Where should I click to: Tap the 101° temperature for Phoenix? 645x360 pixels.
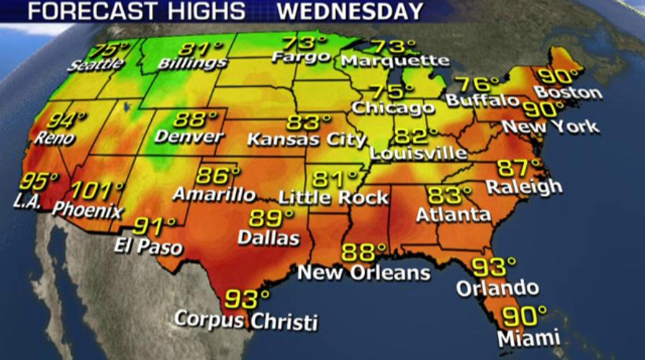point(99,192)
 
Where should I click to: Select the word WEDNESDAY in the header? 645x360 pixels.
point(351,12)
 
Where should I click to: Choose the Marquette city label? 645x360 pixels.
point(395,61)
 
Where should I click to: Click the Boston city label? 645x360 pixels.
point(569,93)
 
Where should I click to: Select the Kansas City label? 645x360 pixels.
point(307,138)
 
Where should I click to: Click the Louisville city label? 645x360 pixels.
point(418,153)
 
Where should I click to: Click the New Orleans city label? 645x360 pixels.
point(364,273)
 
